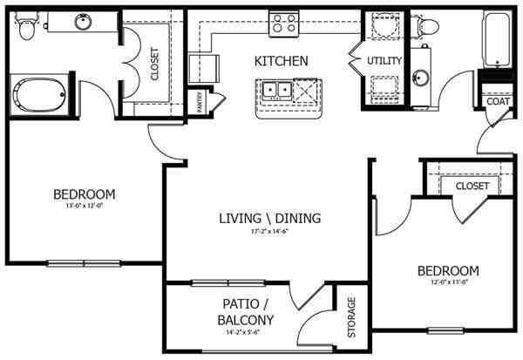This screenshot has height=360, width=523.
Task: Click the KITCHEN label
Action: click(x=281, y=61)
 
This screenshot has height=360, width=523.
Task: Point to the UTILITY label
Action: click(x=384, y=61)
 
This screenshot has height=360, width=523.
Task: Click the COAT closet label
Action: click(x=497, y=100)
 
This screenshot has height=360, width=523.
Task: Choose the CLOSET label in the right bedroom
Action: click(x=472, y=186)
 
